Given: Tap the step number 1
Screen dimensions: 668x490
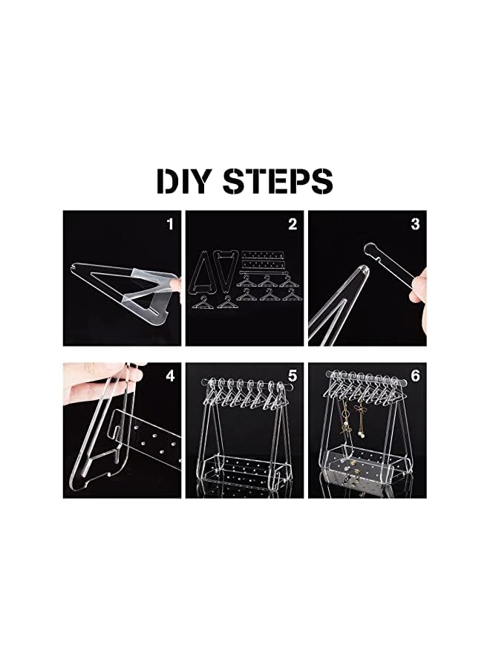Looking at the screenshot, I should pyautogui.click(x=169, y=223).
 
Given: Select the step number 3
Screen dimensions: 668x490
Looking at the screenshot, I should pyautogui.click(x=415, y=223).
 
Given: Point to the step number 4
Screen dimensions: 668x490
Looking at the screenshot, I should pyautogui.click(x=169, y=376).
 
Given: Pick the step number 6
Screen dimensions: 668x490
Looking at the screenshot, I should pyautogui.click(x=415, y=376).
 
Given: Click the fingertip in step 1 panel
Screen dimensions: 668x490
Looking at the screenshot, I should pyautogui.click(x=176, y=284).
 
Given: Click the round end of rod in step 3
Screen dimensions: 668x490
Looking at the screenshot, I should pyautogui.click(x=367, y=252).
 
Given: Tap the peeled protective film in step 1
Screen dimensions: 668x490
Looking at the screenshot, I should pyautogui.click(x=148, y=286).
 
